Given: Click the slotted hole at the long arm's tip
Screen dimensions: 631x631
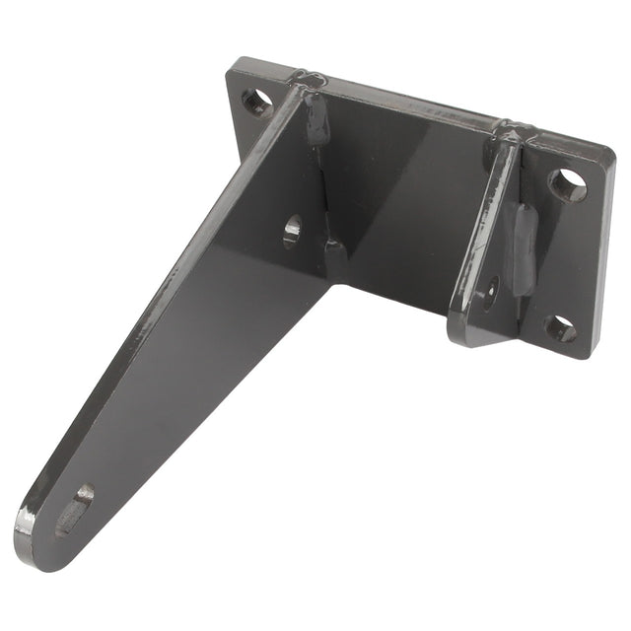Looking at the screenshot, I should [74, 511].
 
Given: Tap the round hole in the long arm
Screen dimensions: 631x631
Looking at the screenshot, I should [293, 229].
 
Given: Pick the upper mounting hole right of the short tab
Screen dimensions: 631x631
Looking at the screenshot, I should [567, 184].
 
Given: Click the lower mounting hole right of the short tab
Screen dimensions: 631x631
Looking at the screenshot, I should [560, 329].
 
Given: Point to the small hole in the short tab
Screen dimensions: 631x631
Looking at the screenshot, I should [490, 290].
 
